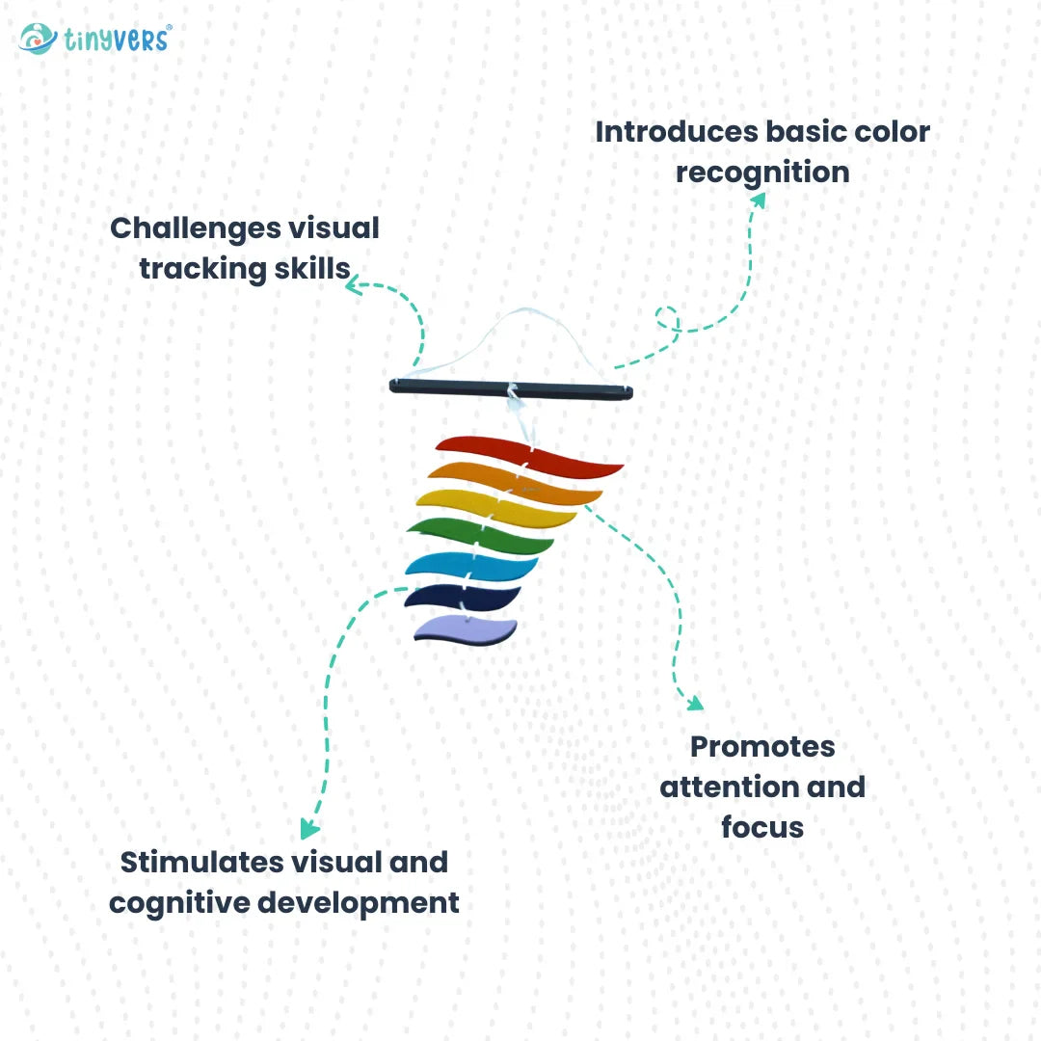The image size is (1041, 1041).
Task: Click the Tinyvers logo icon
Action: coord(37,39)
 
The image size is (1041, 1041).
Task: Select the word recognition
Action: coord(761,173)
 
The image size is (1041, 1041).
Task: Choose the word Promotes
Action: coord(762,746)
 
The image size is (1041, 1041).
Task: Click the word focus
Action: coord(761,827)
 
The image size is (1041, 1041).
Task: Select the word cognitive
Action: coord(175,903)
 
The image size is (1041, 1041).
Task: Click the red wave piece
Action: coord(530,455)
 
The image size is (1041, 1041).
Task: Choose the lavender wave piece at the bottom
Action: coord(466,629)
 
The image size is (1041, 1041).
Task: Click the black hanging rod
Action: coord(511,387)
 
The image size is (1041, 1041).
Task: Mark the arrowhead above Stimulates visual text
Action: coord(308,828)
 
